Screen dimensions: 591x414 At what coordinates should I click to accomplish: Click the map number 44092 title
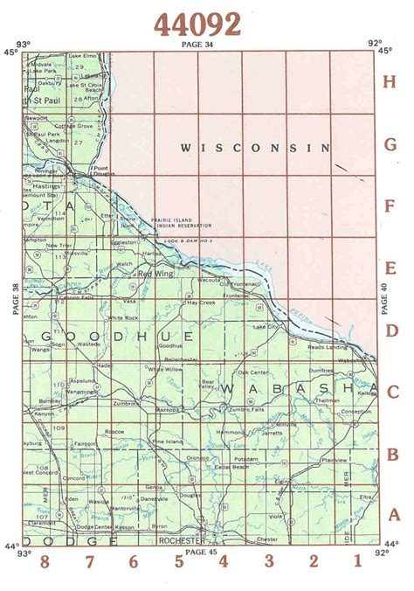[197, 24]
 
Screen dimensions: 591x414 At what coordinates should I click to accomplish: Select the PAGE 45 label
[200, 551]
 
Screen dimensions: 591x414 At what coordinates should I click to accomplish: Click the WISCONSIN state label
[256, 149]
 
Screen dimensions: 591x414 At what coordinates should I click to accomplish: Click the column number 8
[45, 561]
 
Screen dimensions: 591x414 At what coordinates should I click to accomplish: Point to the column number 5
[178, 561]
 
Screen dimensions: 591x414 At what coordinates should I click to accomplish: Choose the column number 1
[356, 561]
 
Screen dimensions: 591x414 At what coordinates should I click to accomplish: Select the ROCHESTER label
[179, 540]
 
